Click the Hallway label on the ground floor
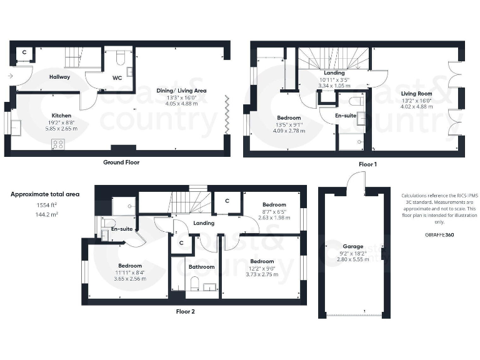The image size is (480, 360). coord(59,77)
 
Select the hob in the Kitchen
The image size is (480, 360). coord(58,144)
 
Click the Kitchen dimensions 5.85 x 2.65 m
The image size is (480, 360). coord(61,128)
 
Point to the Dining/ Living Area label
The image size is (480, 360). coord(181,90)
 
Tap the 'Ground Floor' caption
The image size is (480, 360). coord(121,162)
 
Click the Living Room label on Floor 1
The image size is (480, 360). coord(416,93)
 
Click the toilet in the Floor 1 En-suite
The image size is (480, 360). coord(356,100)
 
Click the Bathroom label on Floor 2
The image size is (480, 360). coord(201,267)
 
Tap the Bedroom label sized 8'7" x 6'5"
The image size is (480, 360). coord(274,205)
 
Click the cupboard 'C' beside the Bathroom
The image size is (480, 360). coord(181,242)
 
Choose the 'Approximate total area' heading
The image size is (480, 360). coord(45,194)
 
